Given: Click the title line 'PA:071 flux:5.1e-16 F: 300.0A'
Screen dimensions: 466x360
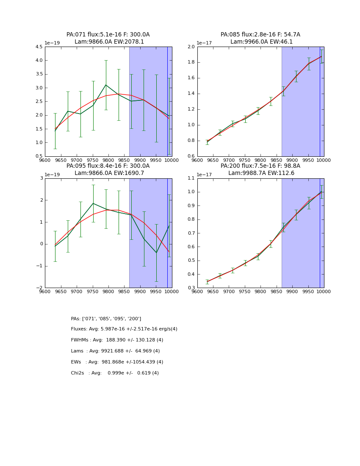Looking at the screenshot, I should tap(108, 35).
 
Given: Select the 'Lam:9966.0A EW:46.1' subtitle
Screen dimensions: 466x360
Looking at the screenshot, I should tap(260, 42).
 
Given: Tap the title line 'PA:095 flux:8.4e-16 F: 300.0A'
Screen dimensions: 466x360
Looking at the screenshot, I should tap(108, 166).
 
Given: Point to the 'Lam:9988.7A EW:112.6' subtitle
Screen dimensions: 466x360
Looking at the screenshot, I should tap(260, 173).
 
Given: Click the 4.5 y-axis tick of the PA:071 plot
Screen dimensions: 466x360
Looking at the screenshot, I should tap(38, 47).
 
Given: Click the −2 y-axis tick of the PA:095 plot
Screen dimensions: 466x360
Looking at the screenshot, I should tap(39, 288).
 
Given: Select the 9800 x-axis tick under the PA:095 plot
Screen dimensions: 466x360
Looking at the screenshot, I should tap(108, 291).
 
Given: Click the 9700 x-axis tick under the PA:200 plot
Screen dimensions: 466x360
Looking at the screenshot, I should tap(229, 291).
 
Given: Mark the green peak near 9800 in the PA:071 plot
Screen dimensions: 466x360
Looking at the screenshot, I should tap(106, 85).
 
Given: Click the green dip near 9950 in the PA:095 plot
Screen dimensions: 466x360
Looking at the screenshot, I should tap(156, 253).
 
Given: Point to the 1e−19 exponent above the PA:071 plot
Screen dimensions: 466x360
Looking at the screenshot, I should tap(52, 43).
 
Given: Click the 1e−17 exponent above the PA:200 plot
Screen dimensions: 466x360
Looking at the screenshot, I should tap(205, 175).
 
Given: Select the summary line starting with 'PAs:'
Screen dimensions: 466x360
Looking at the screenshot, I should tap(106, 319).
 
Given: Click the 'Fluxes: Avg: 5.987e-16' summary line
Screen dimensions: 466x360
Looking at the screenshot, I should tap(124, 329).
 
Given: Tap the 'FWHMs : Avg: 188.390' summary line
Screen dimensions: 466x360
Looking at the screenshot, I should tap(117, 340).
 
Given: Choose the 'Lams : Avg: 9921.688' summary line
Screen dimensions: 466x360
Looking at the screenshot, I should tap(115, 351).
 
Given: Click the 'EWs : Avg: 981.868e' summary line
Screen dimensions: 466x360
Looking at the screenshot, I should tap(117, 362).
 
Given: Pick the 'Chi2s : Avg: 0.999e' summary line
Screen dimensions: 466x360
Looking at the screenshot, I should tap(115, 373).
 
